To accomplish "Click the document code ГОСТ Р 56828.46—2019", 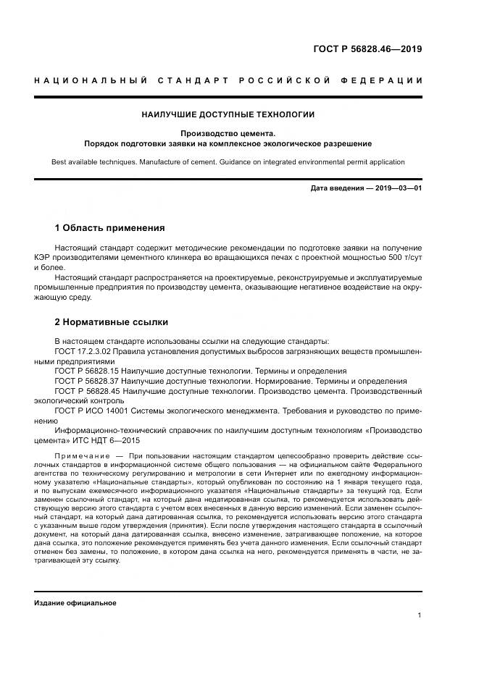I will click(367, 50).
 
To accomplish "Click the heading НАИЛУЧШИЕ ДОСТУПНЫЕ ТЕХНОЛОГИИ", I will click(228, 114).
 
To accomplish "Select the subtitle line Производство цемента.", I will click(228, 133).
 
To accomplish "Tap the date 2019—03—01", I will click(396, 188).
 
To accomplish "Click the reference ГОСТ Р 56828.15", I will click(91, 371).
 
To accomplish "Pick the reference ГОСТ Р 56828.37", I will click(91, 381).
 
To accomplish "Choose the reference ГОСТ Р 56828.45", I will click(91, 391).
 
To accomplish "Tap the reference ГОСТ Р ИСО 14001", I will click(96, 410).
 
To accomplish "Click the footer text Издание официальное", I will click(75, 602).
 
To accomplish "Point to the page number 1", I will click(420, 615).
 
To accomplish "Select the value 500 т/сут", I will click(404, 258).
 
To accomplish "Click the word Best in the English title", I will click(60, 163).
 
